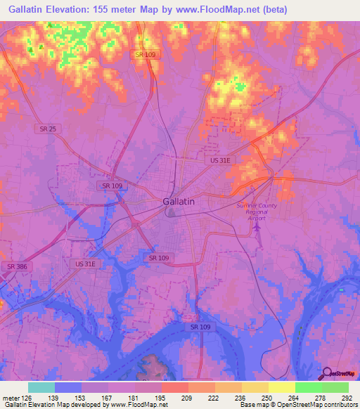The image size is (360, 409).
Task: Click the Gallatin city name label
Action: [x=179, y=201]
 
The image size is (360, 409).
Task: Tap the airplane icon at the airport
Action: [x=257, y=227]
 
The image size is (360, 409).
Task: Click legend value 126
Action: [x=27, y=397]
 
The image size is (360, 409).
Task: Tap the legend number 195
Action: [x=160, y=397]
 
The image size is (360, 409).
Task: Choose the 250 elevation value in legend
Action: [x=267, y=397]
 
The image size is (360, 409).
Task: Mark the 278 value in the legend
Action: [x=321, y=397]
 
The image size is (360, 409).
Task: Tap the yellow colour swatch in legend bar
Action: [x=281, y=387]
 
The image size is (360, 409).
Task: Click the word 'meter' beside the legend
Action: [x=10, y=397]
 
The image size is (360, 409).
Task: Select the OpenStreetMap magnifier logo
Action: [x=327, y=373]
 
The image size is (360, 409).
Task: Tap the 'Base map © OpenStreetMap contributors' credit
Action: [x=298, y=405]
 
